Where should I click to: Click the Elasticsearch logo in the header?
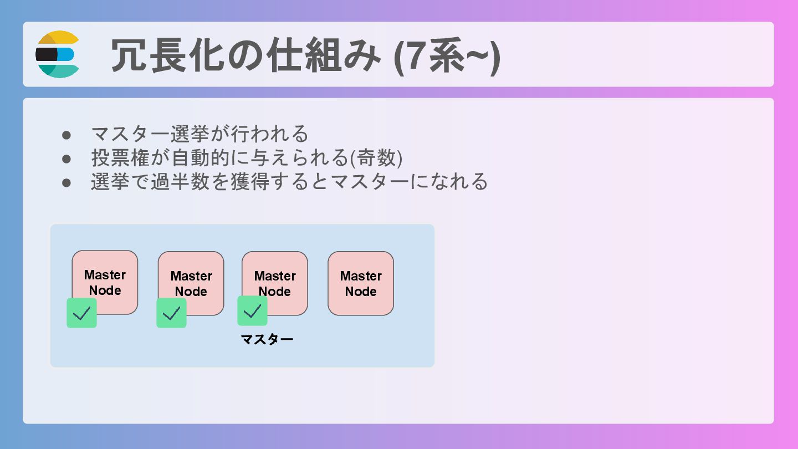tap(58, 54)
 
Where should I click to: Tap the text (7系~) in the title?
tap(447, 55)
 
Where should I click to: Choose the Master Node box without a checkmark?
tap(361, 283)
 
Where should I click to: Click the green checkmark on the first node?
tap(81, 313)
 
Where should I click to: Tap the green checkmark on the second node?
tap(171, 313)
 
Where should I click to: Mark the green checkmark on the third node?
tap(252, 311)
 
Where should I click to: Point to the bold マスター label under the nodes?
tap(267, 339)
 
